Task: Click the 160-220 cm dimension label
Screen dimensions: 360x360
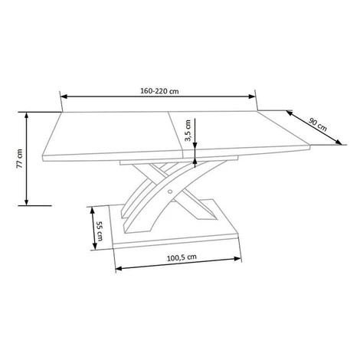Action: click(x=159, y=91)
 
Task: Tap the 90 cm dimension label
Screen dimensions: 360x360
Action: click(x=318, y=124)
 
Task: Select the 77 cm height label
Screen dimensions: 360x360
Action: click(x=20, y=159)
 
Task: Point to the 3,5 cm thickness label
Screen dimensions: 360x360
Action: click(x=188, y=130)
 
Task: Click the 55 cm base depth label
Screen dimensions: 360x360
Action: click(x=99, y=231)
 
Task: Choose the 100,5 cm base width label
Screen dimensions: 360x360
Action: click(x=182, y=257)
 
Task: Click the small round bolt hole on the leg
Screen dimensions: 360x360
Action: click(x=170, y=191)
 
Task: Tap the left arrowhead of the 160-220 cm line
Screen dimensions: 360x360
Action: click(x=64, y=97)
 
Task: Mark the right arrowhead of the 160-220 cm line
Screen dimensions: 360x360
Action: click(x=252, y=97)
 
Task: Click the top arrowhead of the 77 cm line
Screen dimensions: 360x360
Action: click(x=27, y=116)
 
